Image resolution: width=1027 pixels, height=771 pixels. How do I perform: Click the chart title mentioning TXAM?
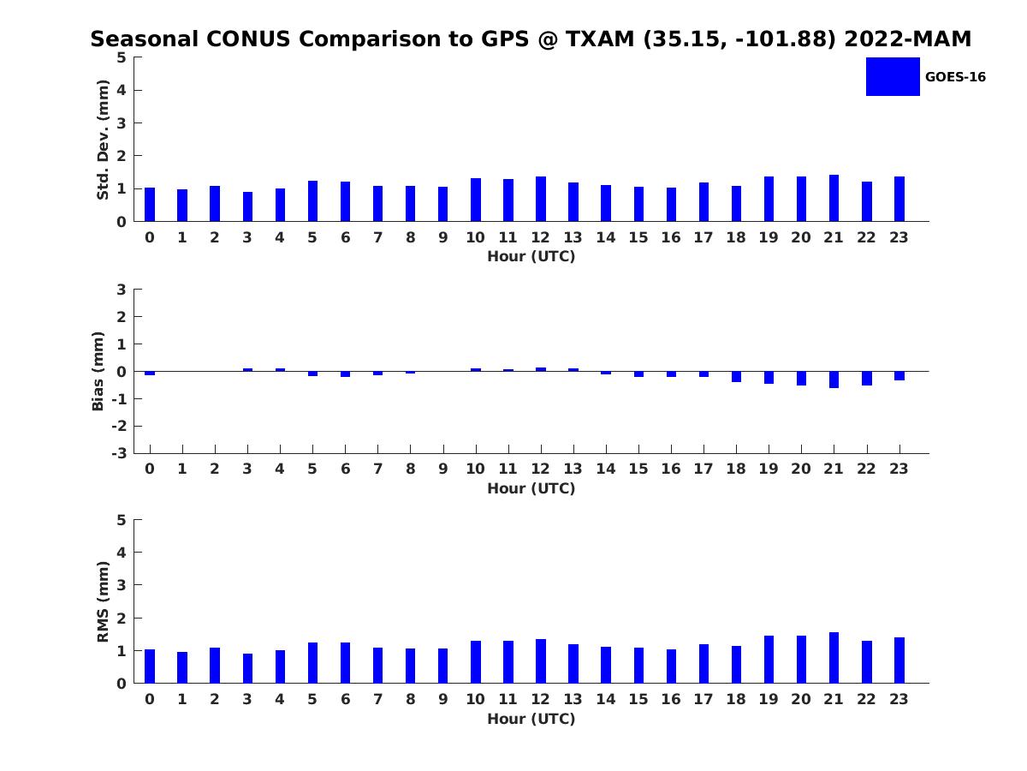(x=531, y=39)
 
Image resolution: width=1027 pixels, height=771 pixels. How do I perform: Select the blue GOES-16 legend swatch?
(x=893, y=76)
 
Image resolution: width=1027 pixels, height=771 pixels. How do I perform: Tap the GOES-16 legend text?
(x=955, y=77)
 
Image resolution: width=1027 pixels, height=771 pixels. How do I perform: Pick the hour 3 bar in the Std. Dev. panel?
(x=247, y=206)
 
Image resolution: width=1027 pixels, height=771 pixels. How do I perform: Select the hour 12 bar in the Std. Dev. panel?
(x=541, y=199)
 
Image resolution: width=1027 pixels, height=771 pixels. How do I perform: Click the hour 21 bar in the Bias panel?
(x=834, y=380)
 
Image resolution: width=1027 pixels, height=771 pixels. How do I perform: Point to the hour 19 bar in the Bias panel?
(x=769, y=378)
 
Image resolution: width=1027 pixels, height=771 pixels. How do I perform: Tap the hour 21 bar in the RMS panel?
(x=834, y=658)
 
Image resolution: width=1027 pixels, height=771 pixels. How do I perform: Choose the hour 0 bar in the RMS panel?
(x=150, y=666)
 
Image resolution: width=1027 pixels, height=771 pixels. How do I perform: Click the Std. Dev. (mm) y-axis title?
(x=103, y=140)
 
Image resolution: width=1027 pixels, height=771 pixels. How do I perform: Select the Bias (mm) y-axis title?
(x=98, y=371)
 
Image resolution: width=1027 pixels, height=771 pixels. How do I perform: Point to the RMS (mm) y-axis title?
(x=103, y=601)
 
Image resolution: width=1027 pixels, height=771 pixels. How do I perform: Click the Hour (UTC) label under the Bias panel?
(x=531, y=488)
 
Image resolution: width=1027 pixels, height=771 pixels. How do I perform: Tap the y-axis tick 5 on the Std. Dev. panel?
(x=122, y=57)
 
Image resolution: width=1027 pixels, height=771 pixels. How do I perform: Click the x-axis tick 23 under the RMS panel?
(x=899, y=699)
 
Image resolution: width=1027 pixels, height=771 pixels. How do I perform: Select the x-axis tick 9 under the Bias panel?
(x=442, y=469)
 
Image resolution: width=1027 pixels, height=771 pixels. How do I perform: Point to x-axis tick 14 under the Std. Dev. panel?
(x=605, y=237)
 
